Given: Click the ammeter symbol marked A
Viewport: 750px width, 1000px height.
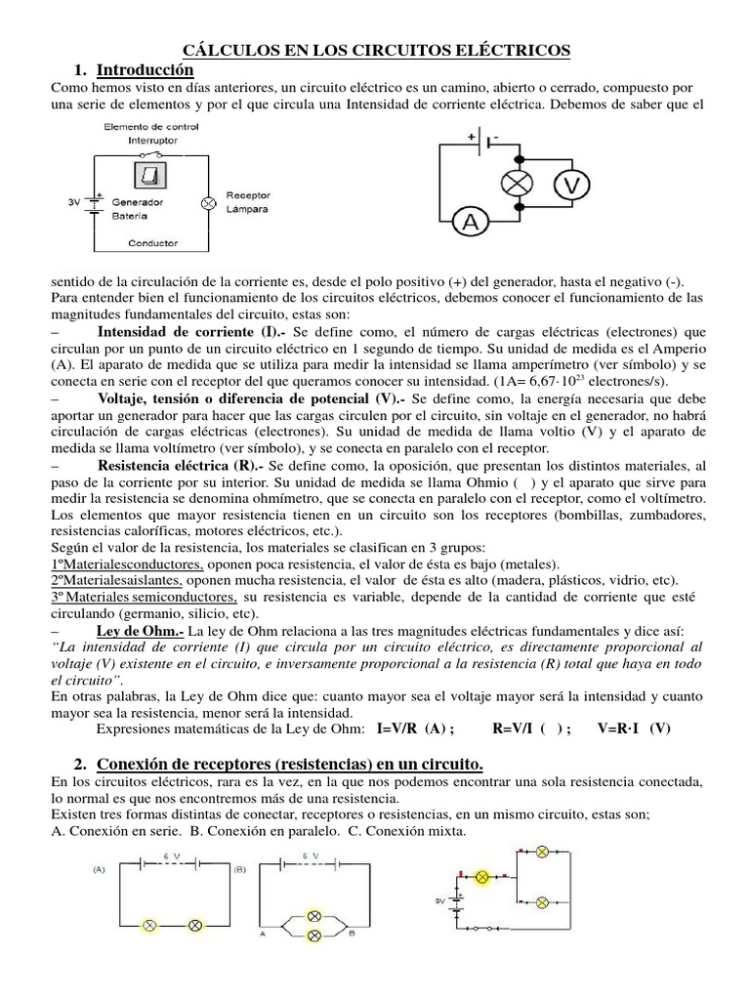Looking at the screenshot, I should pos(471,224).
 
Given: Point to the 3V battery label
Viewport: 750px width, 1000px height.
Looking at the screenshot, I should pos(74,203).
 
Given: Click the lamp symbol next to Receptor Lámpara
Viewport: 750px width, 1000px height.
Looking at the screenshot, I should pos(206,203).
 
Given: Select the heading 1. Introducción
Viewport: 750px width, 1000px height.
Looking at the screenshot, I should pos(133,71).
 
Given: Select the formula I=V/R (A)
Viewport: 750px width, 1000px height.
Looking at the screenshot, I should pos(408,729).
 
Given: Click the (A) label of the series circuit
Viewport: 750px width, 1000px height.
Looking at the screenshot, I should pos(101,867).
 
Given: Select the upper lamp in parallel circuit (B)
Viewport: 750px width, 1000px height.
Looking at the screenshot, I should pos(314,916).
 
